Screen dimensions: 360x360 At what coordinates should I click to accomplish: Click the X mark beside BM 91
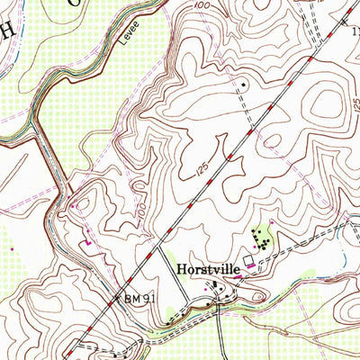coord(115,293)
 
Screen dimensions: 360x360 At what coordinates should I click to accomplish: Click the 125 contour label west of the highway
coord(202,166)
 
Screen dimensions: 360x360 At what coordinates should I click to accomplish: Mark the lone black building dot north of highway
coord(243,84)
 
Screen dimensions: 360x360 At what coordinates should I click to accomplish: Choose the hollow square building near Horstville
coord(248,259)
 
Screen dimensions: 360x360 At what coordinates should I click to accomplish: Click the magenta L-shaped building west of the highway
coord(88,241)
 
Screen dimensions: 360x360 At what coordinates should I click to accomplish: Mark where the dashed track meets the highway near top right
coord(310,42)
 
